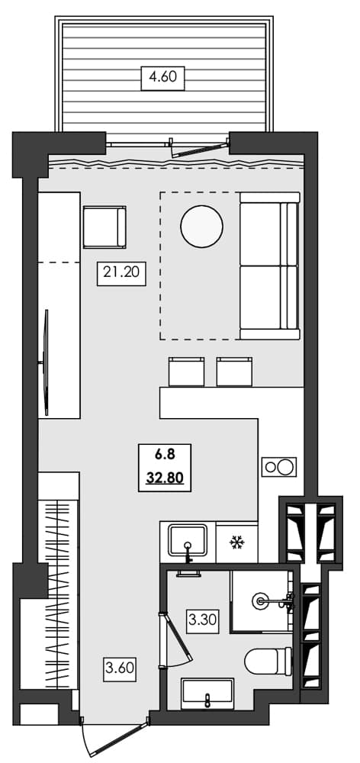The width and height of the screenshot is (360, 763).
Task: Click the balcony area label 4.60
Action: [x=163, y=76]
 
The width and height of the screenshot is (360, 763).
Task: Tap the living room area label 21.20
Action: [x=121, y=272]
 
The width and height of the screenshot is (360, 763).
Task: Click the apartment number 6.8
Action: [x=165, y=456]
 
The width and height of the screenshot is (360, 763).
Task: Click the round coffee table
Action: [x=201, y=227]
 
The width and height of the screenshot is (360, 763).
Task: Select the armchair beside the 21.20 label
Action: [x=104, y=227]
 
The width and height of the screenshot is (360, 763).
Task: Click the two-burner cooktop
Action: [x=278, y=466]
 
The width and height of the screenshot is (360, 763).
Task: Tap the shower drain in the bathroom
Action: [x=262, y=601]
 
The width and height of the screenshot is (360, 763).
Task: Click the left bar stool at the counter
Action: [x=185, y=371]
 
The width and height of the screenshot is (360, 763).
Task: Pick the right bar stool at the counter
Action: [x=233, y=371]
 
